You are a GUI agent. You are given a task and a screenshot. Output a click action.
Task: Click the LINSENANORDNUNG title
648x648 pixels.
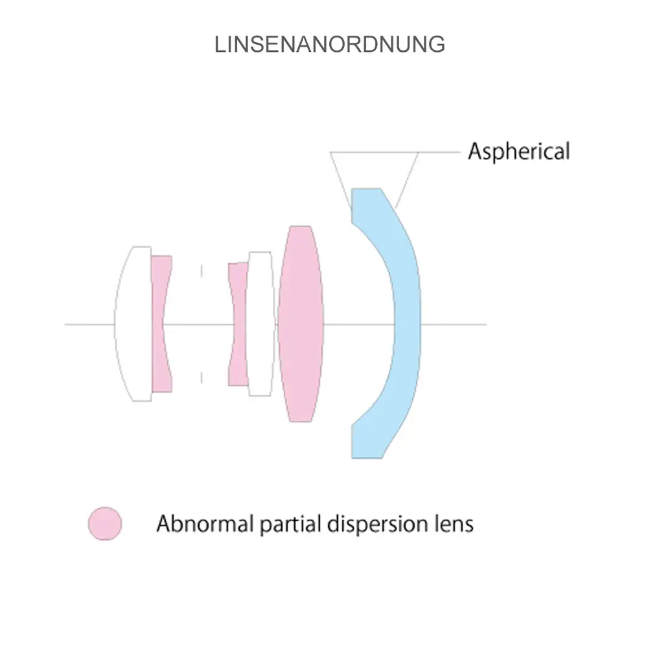click(330, 44)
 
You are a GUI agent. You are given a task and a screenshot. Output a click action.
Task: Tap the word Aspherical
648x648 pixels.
click(518, 152)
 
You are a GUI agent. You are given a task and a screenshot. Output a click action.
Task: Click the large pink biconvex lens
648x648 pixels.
click(300, 324)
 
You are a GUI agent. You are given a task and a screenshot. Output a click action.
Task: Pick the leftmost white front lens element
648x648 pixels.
click(133, 324)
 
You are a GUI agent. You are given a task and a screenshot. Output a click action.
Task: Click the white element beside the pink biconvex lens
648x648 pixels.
click(260, 324)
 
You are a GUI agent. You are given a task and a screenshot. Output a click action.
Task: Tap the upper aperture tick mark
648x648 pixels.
click(202, 270)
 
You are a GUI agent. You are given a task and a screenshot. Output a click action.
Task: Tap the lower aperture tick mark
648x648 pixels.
click(202, 378)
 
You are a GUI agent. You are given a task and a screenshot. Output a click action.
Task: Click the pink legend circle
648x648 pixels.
click(105, 524)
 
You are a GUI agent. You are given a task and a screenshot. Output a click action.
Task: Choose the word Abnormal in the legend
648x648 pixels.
click(205, 524)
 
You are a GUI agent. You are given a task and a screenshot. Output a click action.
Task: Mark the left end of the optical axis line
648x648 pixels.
click(66, 324)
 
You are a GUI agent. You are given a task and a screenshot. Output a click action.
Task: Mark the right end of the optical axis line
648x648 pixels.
click(485, 324)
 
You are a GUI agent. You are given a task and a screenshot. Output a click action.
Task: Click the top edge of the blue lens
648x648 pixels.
click(366, 189)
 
